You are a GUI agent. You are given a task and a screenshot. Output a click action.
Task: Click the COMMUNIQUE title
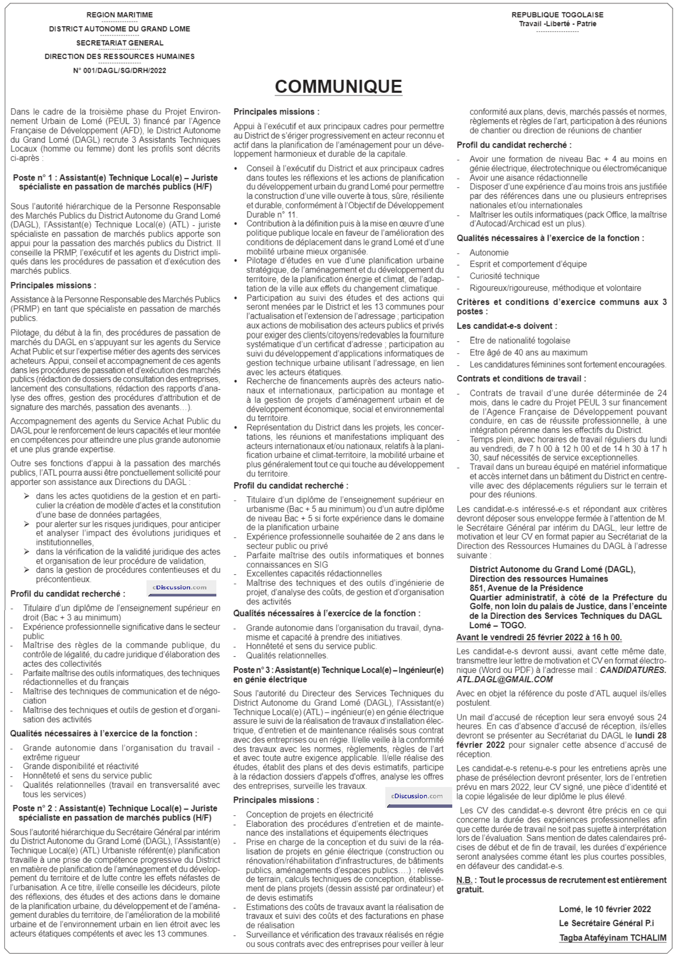[x=338, y=87]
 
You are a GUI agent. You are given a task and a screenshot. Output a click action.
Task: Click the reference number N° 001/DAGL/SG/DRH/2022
[x=119, y=71]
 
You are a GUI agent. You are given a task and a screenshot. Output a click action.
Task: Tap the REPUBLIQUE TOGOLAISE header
[x=557, y=15]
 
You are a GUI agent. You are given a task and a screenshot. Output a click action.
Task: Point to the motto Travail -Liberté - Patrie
[x=557, y=24]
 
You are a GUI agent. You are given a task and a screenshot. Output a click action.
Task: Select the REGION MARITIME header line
[x=119, y=15]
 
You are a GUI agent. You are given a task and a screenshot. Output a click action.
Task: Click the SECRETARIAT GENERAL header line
[x=119, y=43]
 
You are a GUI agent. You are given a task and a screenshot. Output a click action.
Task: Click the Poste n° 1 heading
[x=115, y=182]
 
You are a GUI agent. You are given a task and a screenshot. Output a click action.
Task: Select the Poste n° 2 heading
[x=115, y=813]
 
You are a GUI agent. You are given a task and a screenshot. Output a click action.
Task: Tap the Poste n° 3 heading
[x=338, y=675]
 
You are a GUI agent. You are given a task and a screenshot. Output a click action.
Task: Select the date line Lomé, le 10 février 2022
[x=605, y=909]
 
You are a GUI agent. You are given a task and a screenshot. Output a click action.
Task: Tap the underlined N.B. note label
[x=464, y=880]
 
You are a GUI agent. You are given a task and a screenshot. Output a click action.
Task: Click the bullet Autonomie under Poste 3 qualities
[x=489, y=252]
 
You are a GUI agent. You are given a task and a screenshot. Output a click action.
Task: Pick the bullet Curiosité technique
[x=504, y=276]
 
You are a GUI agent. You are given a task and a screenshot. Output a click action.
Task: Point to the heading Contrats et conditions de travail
[x=521, y=379]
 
